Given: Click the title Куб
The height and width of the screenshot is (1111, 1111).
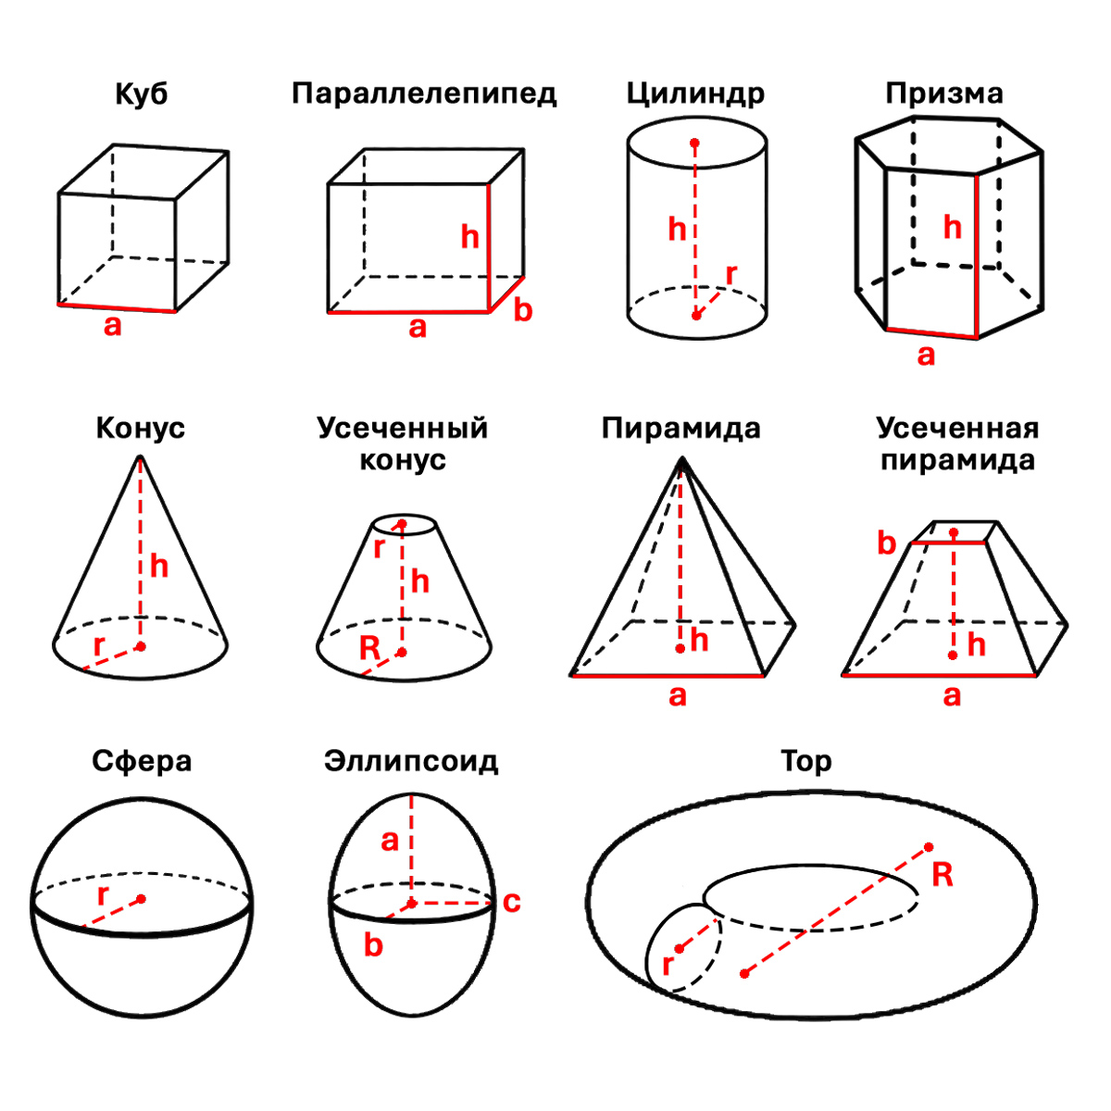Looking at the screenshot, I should (x=142, y=94).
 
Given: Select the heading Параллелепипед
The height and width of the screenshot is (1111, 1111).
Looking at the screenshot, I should (x=424, y=94).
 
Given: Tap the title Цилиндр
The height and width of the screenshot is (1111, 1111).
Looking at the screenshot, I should (x=695, y=94).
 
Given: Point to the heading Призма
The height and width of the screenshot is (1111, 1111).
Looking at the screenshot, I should (x=943, y=94).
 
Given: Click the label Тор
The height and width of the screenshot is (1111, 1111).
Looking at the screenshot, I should (x=805, y=761).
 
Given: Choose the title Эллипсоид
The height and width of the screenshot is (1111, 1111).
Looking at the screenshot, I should (x=411, y=761).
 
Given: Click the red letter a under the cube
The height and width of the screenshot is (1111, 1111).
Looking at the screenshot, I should (x=113, y=326).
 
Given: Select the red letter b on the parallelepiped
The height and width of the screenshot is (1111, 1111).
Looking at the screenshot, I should (x=523, y=310).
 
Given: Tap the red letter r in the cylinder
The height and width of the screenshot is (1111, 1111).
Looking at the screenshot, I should (x=731, y=274).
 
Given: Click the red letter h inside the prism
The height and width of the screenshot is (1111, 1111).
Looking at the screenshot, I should (x=952, y=228).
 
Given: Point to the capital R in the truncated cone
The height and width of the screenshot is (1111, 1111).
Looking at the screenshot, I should (x=369, y=648).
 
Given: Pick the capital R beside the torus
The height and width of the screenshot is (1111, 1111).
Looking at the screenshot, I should (x=942, y=874).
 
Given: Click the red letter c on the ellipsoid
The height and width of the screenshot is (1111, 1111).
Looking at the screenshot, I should (x=512, y=902).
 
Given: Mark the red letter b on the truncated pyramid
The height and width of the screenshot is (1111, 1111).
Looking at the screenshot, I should (x=887, y=543).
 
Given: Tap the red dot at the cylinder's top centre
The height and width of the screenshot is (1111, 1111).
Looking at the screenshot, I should (x=695, y=144).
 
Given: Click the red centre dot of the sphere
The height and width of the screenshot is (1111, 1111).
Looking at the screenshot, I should (x=142, y=898).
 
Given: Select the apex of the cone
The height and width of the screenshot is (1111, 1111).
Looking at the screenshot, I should (x=140, y=456).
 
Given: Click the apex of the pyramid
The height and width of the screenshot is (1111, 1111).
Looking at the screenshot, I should (x=681, y=458).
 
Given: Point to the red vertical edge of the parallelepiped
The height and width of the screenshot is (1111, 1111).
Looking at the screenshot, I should (x=489, y=248).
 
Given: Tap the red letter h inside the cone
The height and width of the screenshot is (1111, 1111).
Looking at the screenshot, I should (x=159, y=566).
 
